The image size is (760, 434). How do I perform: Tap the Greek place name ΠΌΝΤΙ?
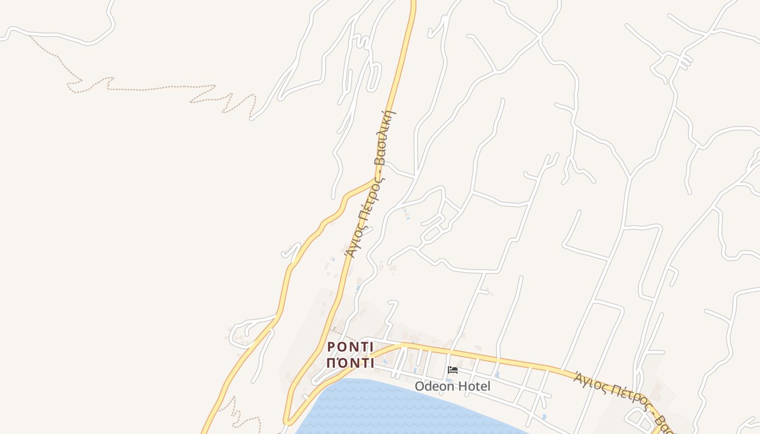pyautogui.click(x=351, y=363)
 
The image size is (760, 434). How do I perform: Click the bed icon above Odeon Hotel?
pyautogui.click(x=452, y=371)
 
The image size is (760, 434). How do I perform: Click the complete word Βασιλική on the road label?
pyautogui.click(x=386, y=137)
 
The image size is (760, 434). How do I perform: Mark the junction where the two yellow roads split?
pyautogui.click(x=376, y=179)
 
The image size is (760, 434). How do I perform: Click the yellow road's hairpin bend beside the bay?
pyautogui.click(x=287, y=420)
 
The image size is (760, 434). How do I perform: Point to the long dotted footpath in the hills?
pyautogui.click(x=163, y=87)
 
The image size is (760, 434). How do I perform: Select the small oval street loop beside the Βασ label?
pyautogui.click(x=635, y=418)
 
